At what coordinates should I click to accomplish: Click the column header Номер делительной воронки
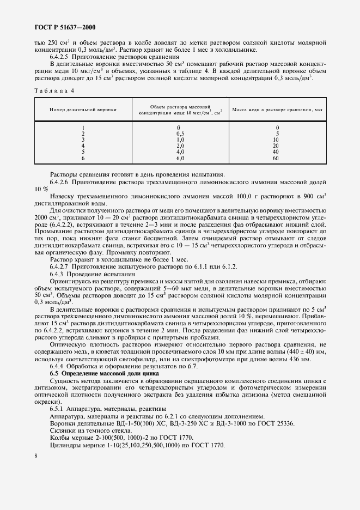point(83,110)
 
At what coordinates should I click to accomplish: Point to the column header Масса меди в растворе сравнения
point(277,110)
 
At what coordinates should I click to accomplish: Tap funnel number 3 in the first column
point(83,139)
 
